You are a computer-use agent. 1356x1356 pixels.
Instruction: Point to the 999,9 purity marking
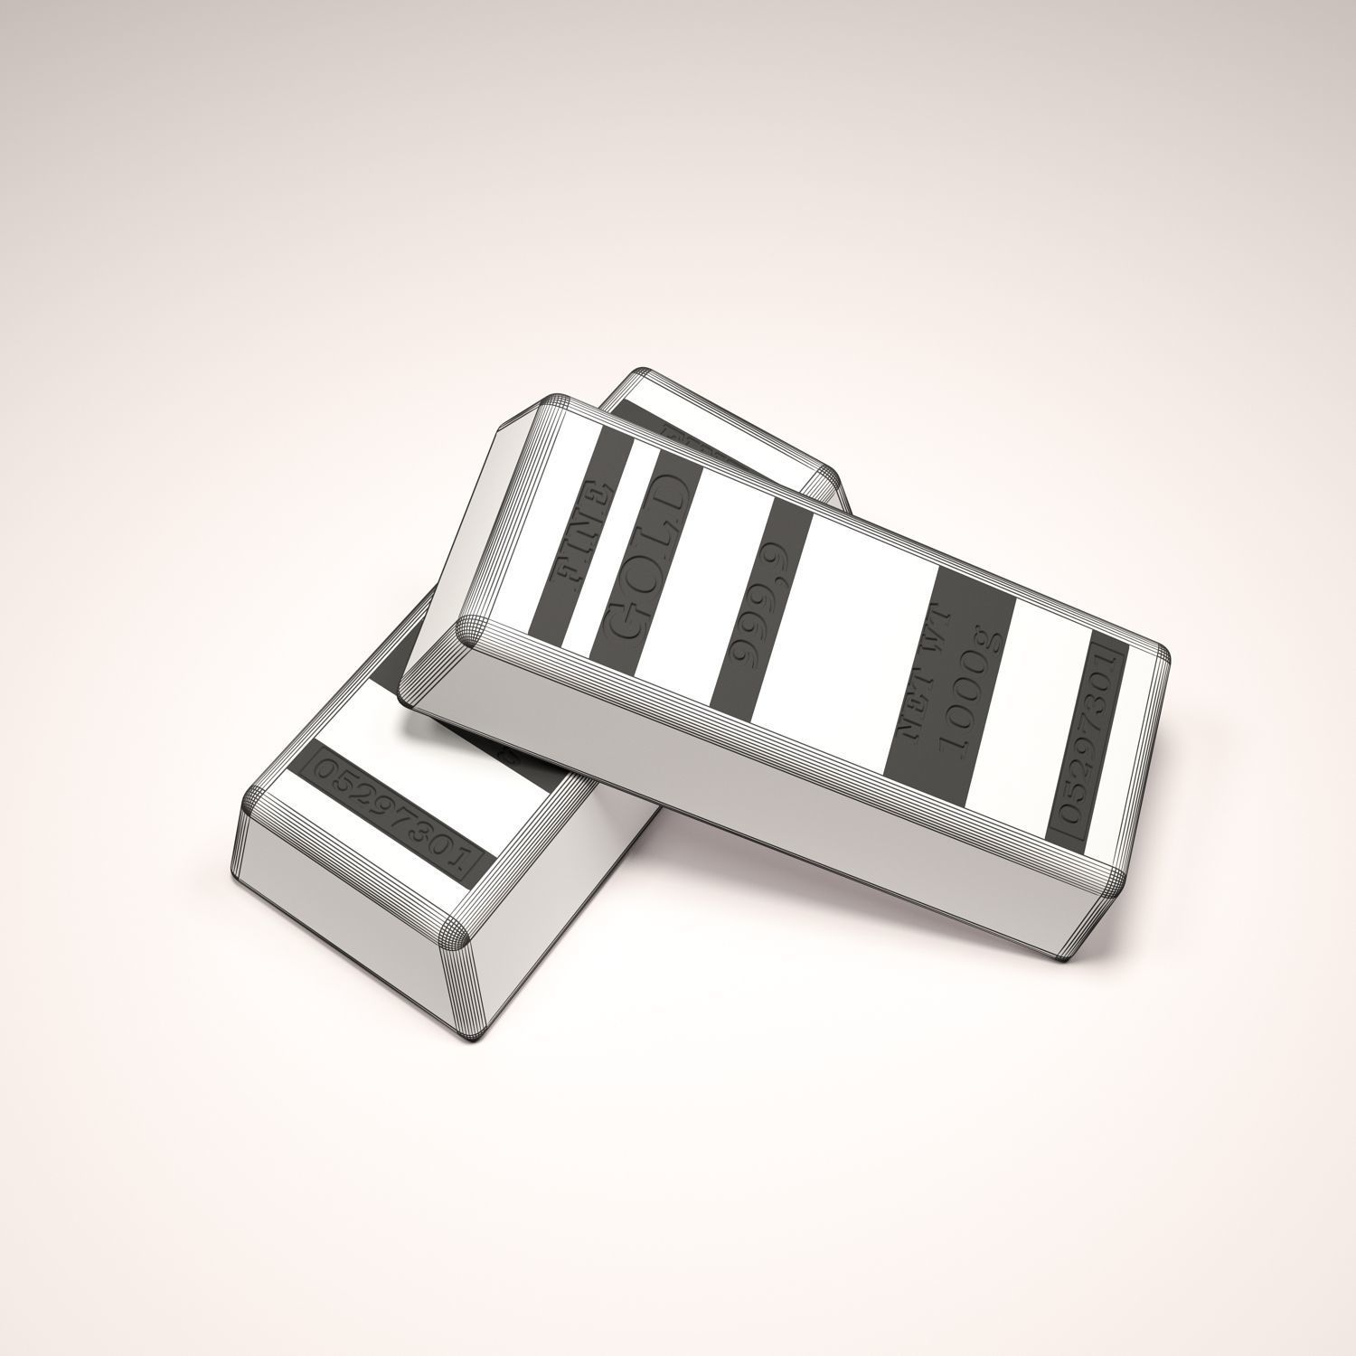click(x=761, y=615)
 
